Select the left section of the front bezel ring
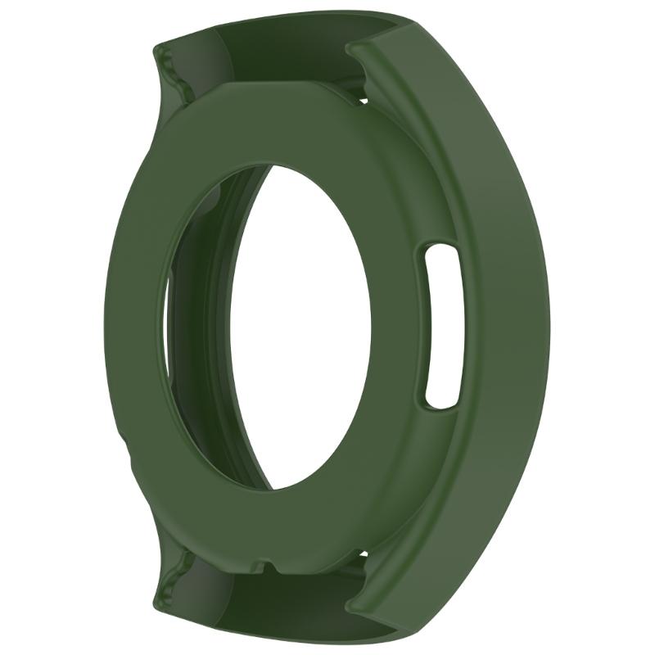[135, 327]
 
